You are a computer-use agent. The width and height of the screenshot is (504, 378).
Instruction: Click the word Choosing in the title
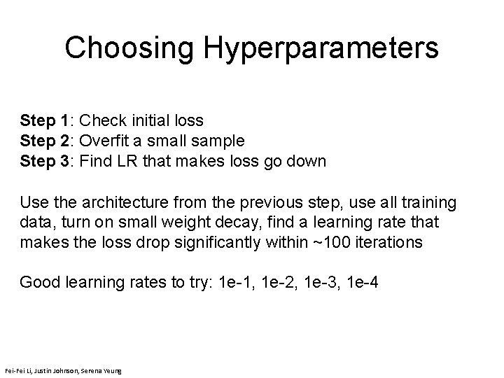click(x=129, y=48)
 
